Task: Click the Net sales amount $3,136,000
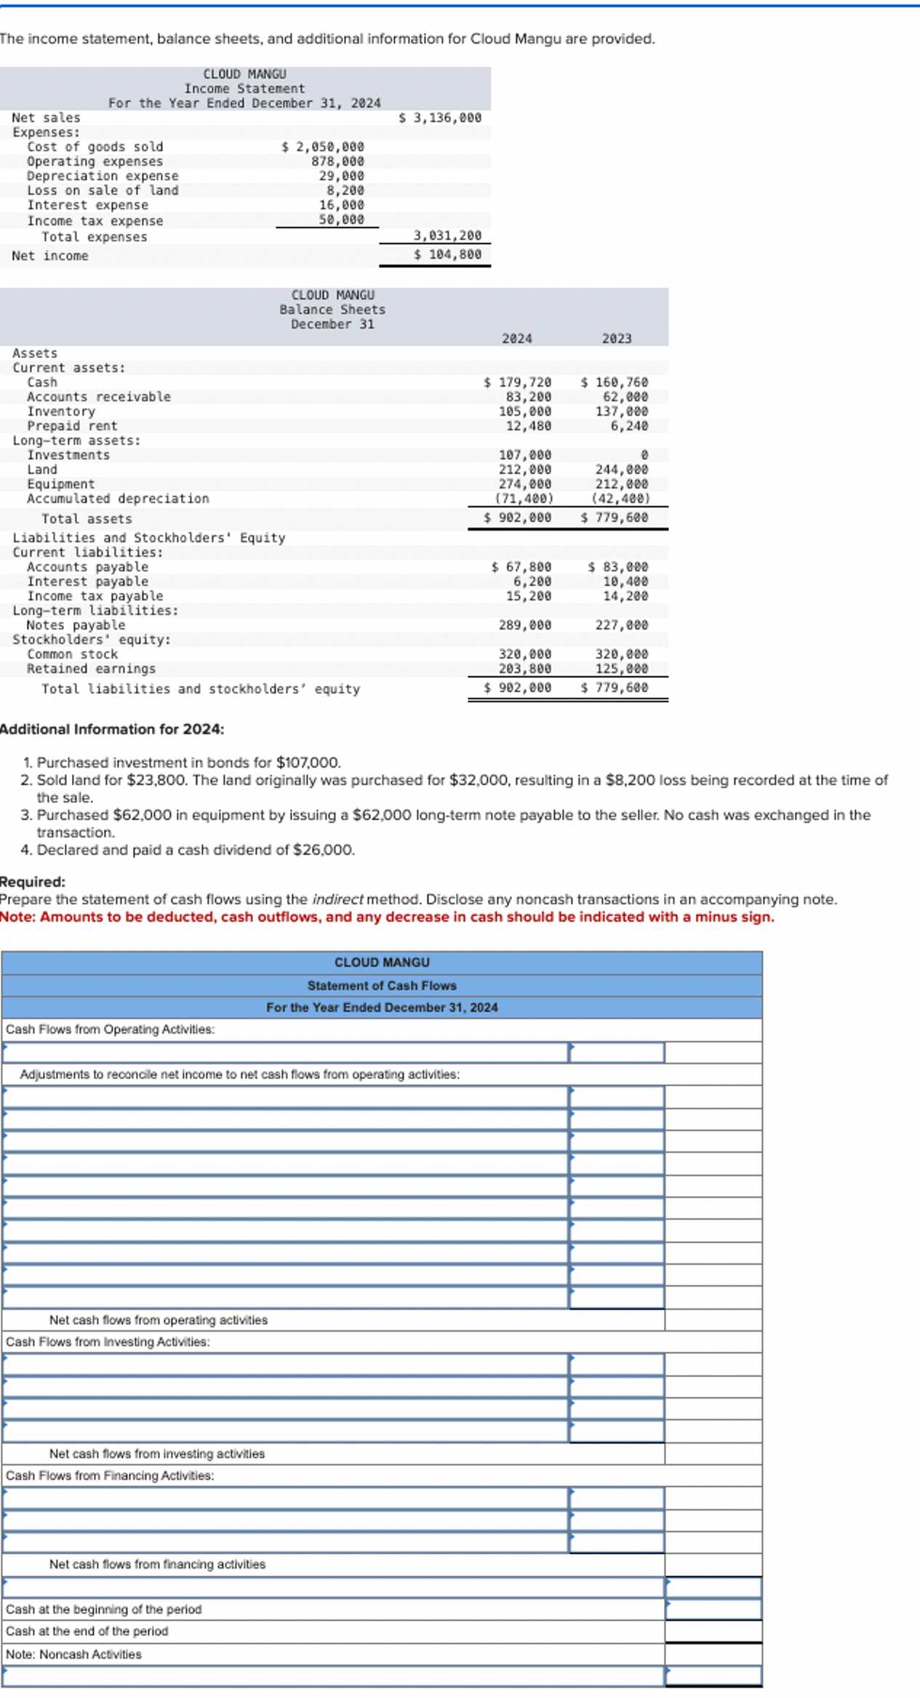point(441,118)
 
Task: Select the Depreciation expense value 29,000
point(342,176)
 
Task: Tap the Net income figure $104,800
point(448,254)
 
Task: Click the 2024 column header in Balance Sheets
point(517,339)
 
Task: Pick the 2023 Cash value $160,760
point(615,382)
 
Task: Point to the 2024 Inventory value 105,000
point(525,411)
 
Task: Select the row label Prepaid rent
point(72,426)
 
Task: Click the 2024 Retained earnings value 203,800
point(525,669)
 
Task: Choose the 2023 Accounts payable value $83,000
point(618,567)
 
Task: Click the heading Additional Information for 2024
point(112,729)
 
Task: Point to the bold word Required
point(32,882)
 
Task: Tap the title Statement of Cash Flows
point(382,986)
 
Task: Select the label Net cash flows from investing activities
point(157,1454)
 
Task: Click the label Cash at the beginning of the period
point(104,1609)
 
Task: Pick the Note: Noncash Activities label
point(74,1654)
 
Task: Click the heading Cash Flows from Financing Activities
point(111,1476)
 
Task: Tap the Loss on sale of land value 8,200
point(345,190)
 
